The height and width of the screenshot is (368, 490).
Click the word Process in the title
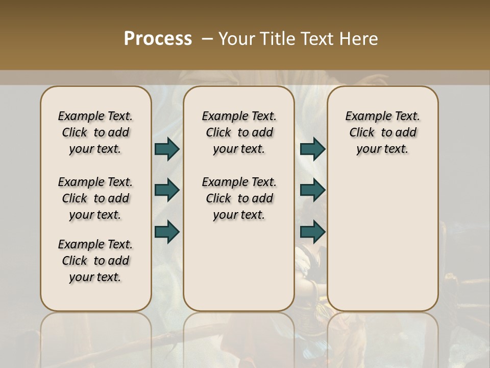pos(158,38)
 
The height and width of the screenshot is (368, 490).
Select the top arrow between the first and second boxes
pos(167,149)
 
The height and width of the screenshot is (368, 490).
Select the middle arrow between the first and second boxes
pos(167,191)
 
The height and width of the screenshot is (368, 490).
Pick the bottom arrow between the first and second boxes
pos(167,232)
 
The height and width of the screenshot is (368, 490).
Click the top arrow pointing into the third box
pos(312,149)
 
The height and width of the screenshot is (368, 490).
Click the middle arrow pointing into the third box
pos(312,191)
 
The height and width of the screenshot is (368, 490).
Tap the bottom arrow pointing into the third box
pos(312,232)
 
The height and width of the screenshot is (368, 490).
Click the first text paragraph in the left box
pos(95,132)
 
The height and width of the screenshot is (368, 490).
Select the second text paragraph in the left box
pos(95,198)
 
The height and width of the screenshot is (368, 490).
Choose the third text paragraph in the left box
pos(95,261)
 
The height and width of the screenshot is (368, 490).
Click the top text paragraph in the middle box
pos(239,132)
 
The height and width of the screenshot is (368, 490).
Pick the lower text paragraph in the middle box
pos(239,198)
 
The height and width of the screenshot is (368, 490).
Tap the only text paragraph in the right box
pos(382,132)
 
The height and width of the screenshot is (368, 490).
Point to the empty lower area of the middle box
pos(239,266)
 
